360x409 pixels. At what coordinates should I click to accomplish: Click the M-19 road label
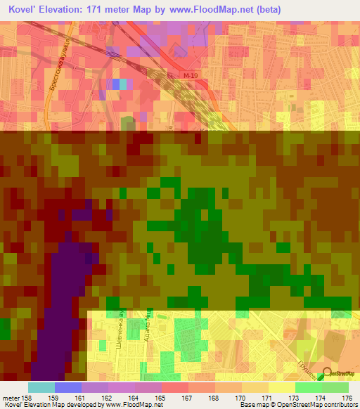coord(182,75)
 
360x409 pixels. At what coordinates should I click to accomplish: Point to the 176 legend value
coord(347,398)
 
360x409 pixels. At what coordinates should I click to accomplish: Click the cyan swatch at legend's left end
coord(41,387)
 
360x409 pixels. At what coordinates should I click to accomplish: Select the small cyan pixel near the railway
coord(124,84)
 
